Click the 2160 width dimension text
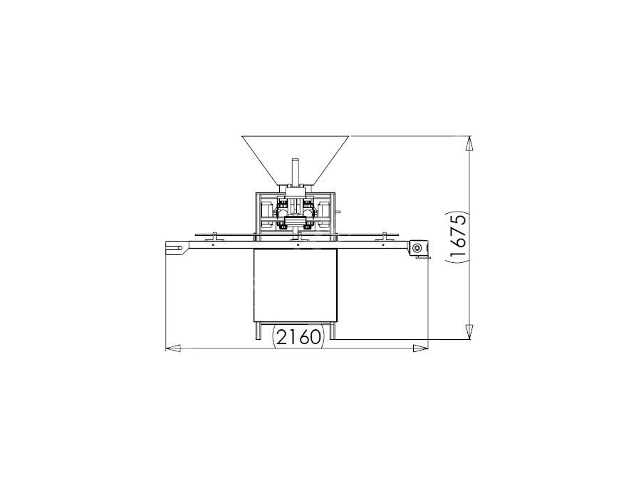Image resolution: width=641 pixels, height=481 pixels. (298, 338)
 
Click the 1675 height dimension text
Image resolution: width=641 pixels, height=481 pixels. (458, 235)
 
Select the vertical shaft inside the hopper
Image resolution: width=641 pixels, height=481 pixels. (295, 172)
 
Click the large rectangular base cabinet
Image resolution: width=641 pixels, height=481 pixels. (296, 285)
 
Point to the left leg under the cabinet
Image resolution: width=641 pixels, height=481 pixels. (259, 331)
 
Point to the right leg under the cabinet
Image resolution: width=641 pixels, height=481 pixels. (333, 331)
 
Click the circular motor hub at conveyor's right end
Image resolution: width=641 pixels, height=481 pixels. (417, 248)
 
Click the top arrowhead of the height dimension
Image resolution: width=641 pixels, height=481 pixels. (470, 143)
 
